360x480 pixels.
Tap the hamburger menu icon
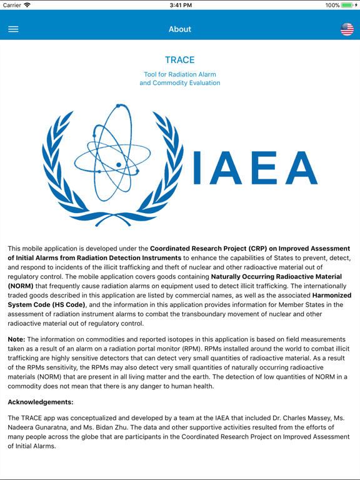click(13, 29)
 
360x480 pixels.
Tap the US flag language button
click(347, 29)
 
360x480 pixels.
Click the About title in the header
click(180, 29)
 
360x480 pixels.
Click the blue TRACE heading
click(180, 60)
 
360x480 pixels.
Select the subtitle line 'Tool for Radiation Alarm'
click(180, 74)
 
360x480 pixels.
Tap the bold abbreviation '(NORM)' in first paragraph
click(21, 286)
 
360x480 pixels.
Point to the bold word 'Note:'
click(16, 339)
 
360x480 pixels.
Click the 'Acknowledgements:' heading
click(41, 402)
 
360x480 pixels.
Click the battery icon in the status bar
click(347, 5)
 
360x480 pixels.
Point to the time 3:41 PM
click(180, 5)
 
